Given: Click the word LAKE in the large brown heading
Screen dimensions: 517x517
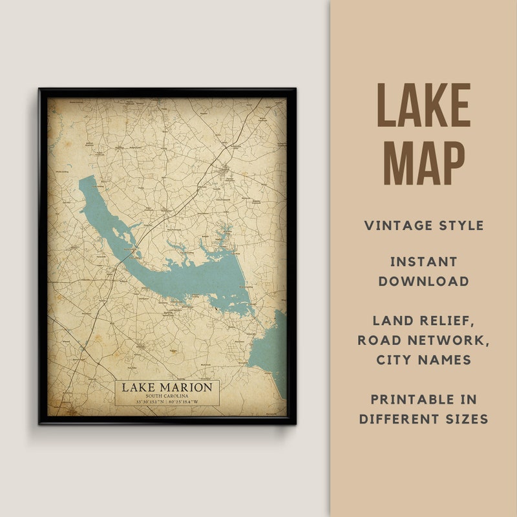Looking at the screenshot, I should point(423,105).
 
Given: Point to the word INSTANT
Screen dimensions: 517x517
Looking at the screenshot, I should point(423,262).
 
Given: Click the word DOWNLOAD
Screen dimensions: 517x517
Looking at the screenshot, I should point(423,281).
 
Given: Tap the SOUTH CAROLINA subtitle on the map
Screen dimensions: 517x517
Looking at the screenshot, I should point(167,396).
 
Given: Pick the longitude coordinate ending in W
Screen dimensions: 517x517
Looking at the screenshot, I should point(185,402).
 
